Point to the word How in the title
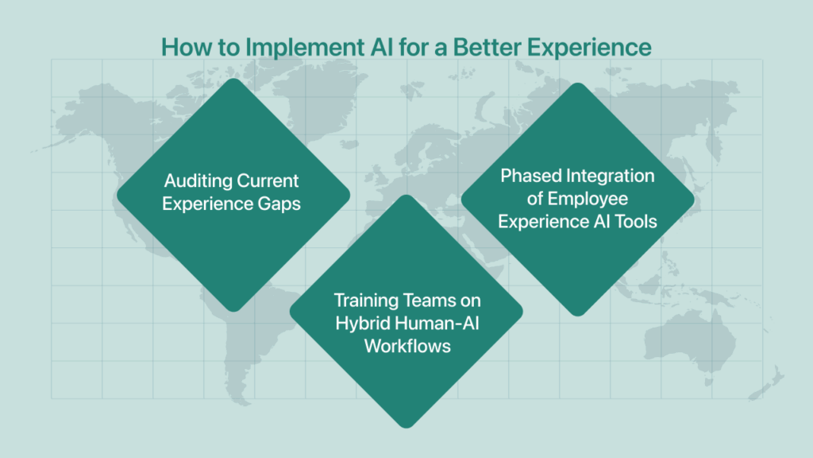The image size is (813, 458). tap(183, 47)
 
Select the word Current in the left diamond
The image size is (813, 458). tap(270, 181)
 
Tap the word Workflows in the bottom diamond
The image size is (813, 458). tap(406, 346)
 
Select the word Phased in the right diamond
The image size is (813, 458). tap(527, 176)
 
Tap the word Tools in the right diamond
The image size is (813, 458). tap(637, 221)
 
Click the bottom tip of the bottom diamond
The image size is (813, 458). tap(406, 428)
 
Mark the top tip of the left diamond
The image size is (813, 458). tap(232, 78)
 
